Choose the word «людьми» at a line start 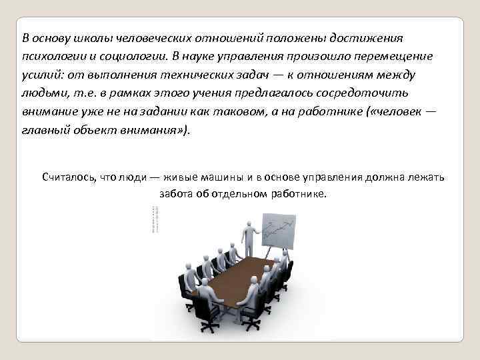point(40,93)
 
